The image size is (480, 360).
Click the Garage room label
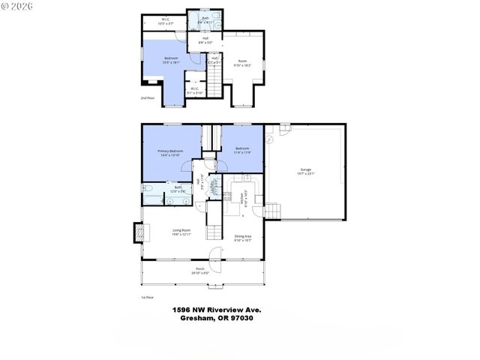point(306,172)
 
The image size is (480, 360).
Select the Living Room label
point(181,232)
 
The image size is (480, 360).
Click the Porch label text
point(200,270)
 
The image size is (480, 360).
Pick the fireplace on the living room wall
point(136,232)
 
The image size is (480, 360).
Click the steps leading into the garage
point(277,211)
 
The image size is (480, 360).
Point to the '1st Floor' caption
point(148,297)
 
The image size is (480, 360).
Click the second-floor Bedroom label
point(171,62)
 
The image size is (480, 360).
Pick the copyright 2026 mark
point(16,6)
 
